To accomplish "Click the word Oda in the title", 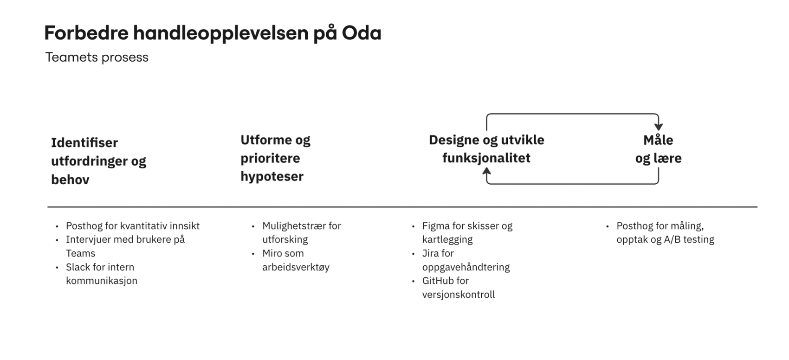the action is coord(362,33).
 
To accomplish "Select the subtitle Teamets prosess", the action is coord(97,58).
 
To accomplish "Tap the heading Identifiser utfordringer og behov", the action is coord(98,161).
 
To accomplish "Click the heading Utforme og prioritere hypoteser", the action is coord(275,158).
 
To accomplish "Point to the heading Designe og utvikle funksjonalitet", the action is coord(486,149).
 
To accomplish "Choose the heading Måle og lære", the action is coord(658,149).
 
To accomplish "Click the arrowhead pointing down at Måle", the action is coord(658,126).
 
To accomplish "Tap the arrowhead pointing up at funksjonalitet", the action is coord(486,171).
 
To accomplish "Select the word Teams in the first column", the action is coord(80,253).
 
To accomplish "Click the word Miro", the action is coord(273,253).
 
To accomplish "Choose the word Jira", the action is coord(431,253).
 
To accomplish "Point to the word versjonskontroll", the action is coord(459,295).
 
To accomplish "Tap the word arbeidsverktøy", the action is coord(296,267).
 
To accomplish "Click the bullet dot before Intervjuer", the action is coord(57,240).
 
